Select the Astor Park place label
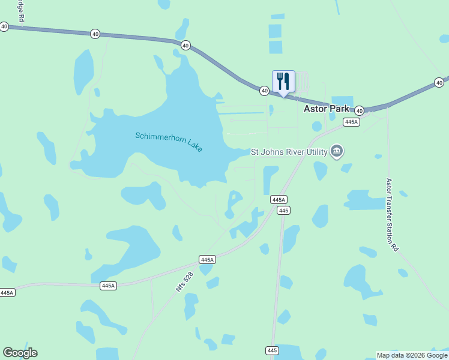point(327,109)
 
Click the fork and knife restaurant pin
point(283,82)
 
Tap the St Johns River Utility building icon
point(337,151)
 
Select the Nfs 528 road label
point(184,281)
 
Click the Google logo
point(20,353)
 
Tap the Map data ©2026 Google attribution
point(411,355)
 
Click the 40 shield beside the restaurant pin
point(264,91)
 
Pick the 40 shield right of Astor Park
point(359,110)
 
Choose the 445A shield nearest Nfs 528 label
point(207,260)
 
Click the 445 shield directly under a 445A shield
point(284,210)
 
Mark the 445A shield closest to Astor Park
point(351,122)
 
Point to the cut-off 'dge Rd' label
point(21,11)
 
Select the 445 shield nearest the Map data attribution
point(272,350)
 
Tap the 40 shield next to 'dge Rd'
point(4,26)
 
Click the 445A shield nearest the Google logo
point(7,293)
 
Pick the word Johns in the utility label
point(273,152)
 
